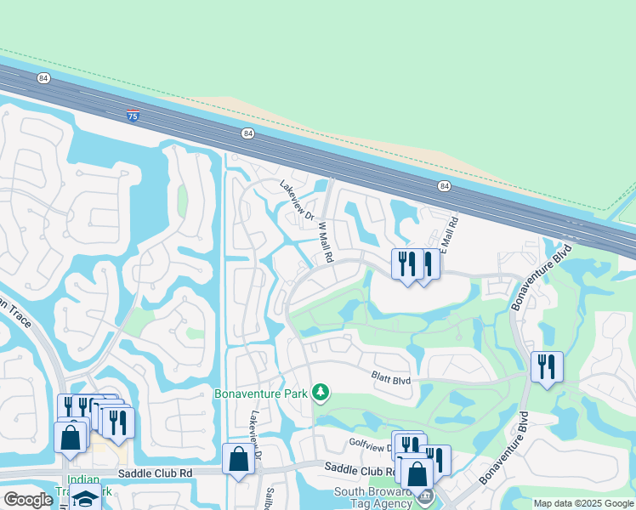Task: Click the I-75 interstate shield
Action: point(133,115)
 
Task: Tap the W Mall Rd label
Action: point(324,242)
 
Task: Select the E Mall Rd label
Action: point(451,230)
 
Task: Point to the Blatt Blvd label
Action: point(390,380)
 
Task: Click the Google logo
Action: point(28,500)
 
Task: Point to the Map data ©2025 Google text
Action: point(583,503)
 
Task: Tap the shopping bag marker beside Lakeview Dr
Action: point(238,459)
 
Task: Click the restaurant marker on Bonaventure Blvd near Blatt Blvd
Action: point(546,367)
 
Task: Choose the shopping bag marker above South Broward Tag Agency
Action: point(418,473)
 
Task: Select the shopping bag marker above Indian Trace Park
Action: point(71,438)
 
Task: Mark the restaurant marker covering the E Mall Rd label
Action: point(426,263)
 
